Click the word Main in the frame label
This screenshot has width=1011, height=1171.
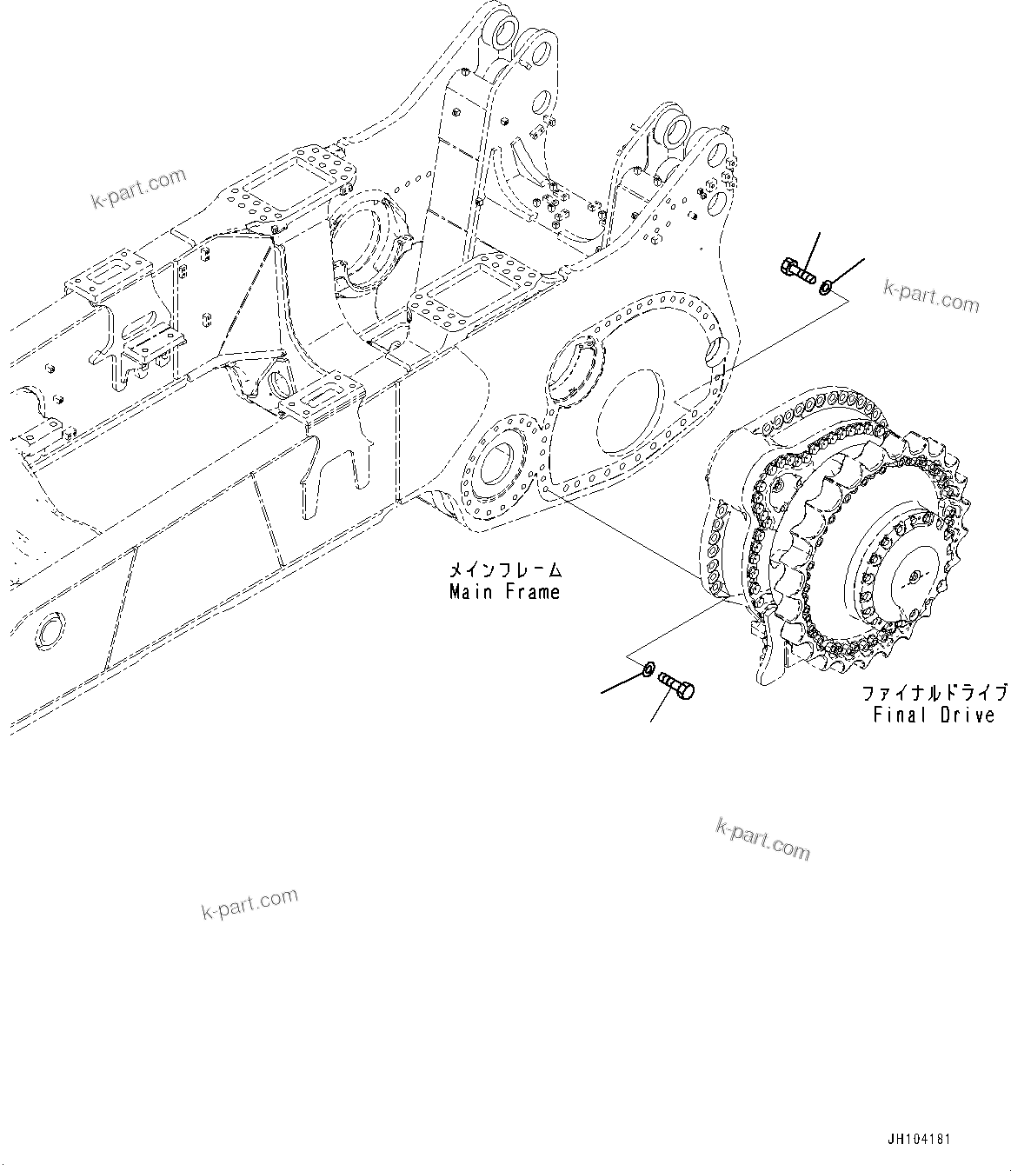click(x=469, y=592)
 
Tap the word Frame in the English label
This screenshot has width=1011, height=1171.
click(x=529, y=592)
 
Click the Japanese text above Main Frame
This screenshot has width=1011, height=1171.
click(x=504, y=571)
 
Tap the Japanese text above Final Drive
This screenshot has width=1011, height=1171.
click(x=934, y=693)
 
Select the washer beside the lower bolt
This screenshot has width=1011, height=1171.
click(x=647, y=670)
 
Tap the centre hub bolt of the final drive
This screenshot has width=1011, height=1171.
click(x=915, y=576)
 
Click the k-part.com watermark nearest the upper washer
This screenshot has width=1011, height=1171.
click(x=931, y=296)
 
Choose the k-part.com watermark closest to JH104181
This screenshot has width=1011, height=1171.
click(x=762, y=838)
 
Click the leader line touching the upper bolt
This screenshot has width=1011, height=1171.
click(x=811, y=250)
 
